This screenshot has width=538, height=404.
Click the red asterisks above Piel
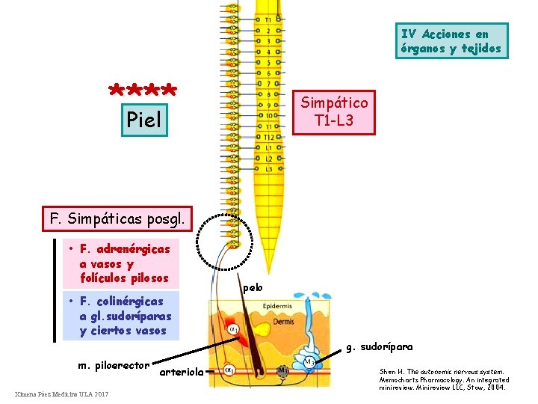tap(143, 91)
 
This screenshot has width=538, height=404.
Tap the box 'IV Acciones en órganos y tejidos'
tap(451, 41)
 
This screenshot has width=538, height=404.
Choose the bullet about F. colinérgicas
tap(120, 316)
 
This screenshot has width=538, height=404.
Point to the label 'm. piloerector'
tap(114, 366)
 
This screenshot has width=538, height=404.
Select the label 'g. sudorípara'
tap(377, 346)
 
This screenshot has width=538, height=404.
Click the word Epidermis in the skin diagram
tap(278, 307)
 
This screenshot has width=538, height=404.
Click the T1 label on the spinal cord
tap(268, 20)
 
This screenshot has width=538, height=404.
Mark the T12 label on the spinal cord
tap(267, 137)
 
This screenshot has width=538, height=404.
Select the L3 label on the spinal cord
tap(267, 169)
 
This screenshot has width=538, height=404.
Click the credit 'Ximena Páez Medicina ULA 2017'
tap(61, 394)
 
